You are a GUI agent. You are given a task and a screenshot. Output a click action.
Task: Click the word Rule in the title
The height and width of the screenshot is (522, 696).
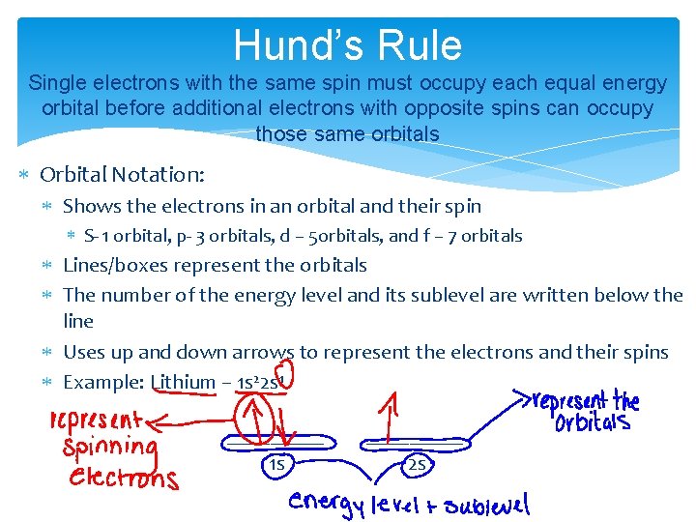pos(419,44)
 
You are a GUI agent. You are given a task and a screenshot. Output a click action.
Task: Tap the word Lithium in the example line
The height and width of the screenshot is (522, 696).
pos(184,382)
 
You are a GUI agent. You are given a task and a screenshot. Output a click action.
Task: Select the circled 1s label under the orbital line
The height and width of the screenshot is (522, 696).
pos(276,467)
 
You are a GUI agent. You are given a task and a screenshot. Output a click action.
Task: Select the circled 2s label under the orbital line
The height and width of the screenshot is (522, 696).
pos(418,467)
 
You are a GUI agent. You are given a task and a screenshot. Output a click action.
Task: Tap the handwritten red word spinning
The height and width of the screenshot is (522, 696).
pos(108,449)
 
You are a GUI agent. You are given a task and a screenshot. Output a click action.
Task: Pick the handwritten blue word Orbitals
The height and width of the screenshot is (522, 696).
pos(593,422)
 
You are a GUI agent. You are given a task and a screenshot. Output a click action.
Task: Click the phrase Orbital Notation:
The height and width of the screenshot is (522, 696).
pos(122,175)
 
